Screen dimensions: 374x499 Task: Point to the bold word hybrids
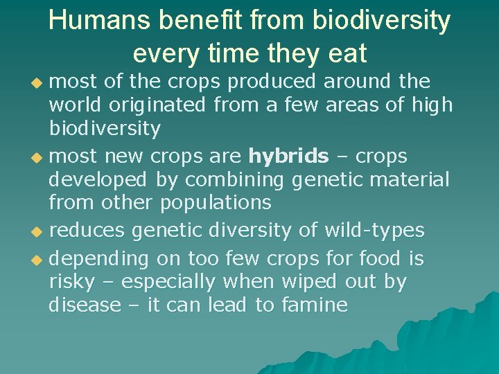288,156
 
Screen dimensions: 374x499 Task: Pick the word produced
272,82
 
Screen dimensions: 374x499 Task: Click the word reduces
87,229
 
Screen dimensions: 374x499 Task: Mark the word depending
99,259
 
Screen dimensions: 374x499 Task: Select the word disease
85,305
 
